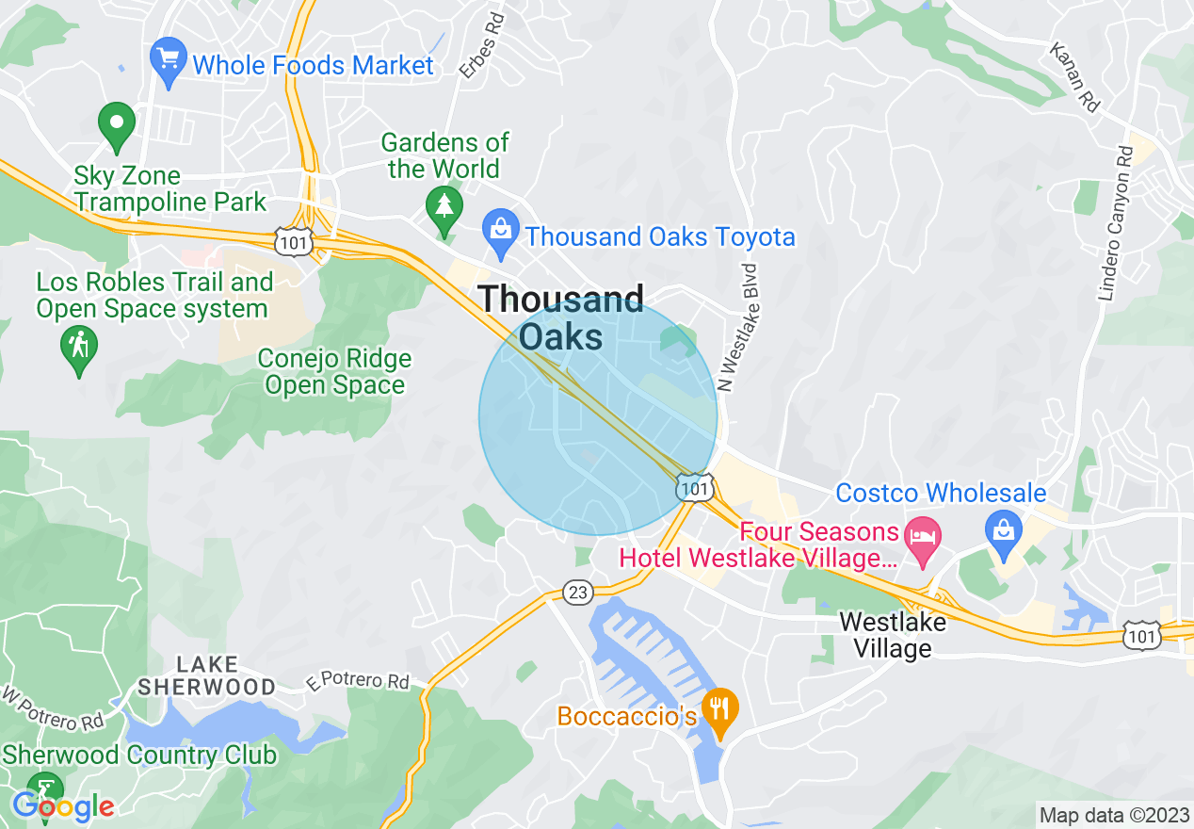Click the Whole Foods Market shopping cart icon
coord(169,61)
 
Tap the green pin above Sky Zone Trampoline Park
coord(117,126)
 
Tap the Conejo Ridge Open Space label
coord(334,372)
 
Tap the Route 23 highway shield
coord(578,592)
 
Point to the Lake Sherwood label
coord(207,675)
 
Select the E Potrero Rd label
coord(357,680)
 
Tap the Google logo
coord(63,806)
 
